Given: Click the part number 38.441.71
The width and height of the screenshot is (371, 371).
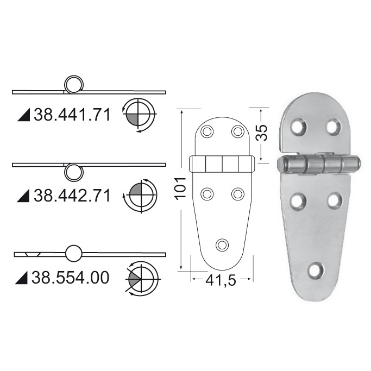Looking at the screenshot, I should [x=72, y=115].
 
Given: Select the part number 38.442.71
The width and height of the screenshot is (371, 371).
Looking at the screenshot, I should [x=72, y=195].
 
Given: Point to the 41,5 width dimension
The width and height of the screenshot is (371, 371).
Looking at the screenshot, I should [x=221, y=282].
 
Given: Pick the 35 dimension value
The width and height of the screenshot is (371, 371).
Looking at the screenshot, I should [x=262, y=133].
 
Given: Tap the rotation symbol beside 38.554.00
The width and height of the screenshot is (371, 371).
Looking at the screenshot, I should [x=142, y=277].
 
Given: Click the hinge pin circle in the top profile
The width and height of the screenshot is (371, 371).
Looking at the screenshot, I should [x=73, y=84].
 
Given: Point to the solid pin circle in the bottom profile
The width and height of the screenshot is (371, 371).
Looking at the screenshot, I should [x=74, y=253].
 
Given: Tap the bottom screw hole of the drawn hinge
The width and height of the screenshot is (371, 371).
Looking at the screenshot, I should [x=222, y=244].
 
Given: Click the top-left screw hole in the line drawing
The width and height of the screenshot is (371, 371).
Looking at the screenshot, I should [x=207, y=131].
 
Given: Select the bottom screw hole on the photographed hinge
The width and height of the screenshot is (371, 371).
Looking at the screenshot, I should [x=316, y=270].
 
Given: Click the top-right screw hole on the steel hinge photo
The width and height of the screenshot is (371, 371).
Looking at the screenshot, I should [x=333, y=126].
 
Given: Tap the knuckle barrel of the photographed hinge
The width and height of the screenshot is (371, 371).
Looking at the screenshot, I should [x=318, y=164].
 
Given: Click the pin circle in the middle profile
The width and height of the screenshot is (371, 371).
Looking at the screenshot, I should [x=73, y=172].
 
